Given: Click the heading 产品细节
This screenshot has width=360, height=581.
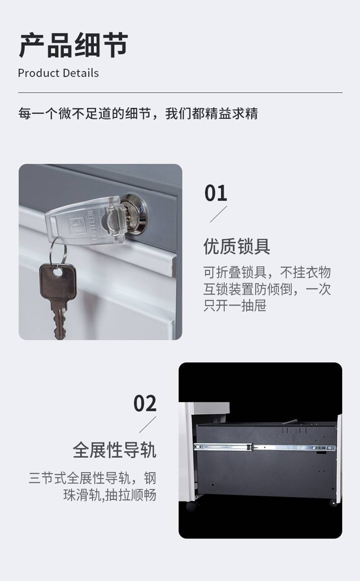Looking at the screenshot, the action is click(x=73, y=45).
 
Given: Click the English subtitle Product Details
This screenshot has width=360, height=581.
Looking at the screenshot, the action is click(x=58, y=73).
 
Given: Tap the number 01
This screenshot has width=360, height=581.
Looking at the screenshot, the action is click(x=216, y=193).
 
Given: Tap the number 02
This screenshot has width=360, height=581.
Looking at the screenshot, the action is click(x=145, y=403).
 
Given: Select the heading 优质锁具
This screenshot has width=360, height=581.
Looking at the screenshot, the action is click(x=237, y=246).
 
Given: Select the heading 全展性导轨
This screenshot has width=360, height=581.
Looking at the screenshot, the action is click(x=114, y=450).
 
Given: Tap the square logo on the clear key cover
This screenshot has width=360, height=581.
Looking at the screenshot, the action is click(x=76, y=226).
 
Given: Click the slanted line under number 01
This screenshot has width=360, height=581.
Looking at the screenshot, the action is click(x=218, y=214).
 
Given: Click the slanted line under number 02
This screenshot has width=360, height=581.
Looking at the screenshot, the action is click(x=148, y=425).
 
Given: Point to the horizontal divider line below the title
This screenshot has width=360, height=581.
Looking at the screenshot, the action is click(x=180, y=93).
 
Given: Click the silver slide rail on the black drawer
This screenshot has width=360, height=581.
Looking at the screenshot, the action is click(x=265, y=447).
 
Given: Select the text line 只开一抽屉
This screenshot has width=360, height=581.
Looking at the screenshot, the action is click(x=234, y=305).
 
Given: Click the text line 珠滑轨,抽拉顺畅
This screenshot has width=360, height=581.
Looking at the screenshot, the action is click(x=110, y=495).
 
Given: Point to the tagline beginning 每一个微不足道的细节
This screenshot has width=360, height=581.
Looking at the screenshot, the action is click(x=138, y=113).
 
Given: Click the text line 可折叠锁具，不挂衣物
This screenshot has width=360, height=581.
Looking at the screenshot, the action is click(x=267, y=273).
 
